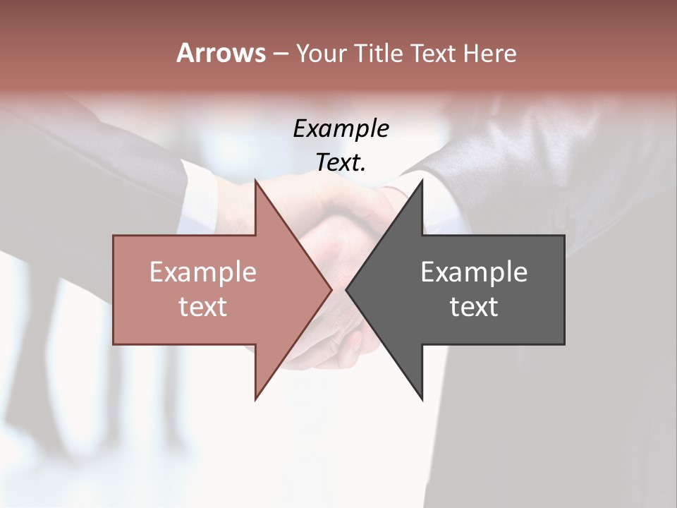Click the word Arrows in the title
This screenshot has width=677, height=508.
tap(221, 53)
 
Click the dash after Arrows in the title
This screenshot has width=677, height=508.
tap(280, 54)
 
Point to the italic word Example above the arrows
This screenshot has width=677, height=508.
tap(341, 129)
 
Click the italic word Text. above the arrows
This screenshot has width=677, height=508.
tap(341, 163)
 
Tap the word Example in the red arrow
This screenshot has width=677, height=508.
tap(203, 272)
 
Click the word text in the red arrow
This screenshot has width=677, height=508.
tap(203, 307)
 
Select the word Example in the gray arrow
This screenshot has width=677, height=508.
tap(474, 272)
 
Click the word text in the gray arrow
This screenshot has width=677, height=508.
tap(474, 307)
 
